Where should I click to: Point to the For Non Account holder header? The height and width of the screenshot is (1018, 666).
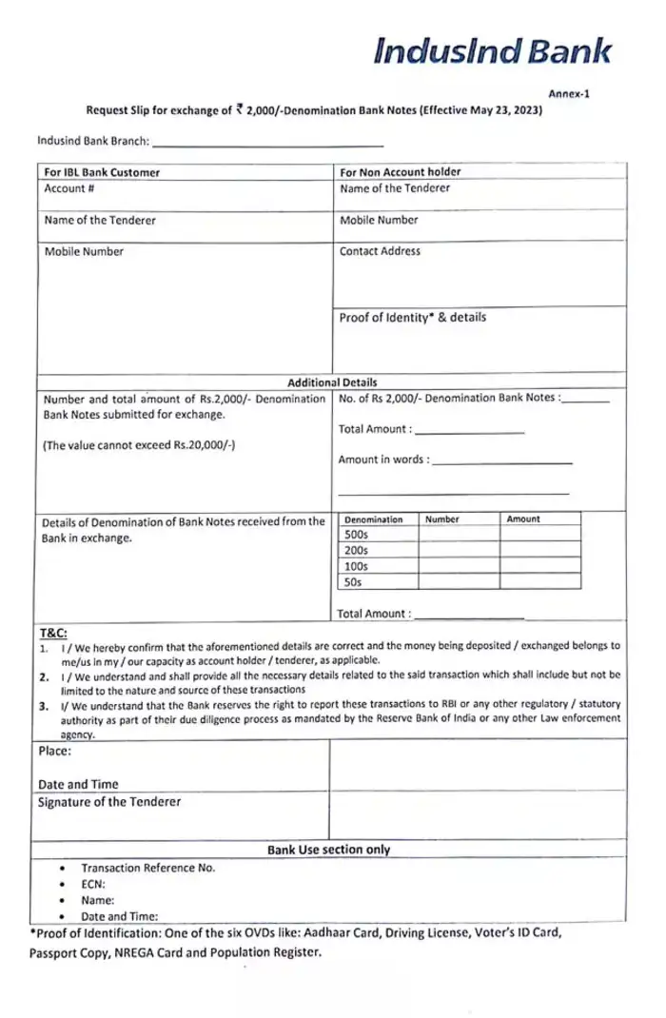[x=400, y=172]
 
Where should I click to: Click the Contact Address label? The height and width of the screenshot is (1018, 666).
[x=380, y=252]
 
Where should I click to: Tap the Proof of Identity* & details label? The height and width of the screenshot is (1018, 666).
[x=412, y=318]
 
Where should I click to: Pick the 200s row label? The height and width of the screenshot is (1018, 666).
[x=355, y=551]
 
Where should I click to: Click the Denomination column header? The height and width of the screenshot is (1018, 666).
[x=373, y=519]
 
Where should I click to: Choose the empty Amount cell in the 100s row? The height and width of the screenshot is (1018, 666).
[x=539, y=566]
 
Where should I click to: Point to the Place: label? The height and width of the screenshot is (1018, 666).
[x=55, y=751]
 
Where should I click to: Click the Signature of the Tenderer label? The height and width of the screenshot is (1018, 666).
[x=108, y=802]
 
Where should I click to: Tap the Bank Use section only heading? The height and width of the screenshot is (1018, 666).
[x=328, y=850]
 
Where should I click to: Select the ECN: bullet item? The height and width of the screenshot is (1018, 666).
[x=94, y=883]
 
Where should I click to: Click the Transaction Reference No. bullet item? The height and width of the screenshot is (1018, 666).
[x=147, y=868]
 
